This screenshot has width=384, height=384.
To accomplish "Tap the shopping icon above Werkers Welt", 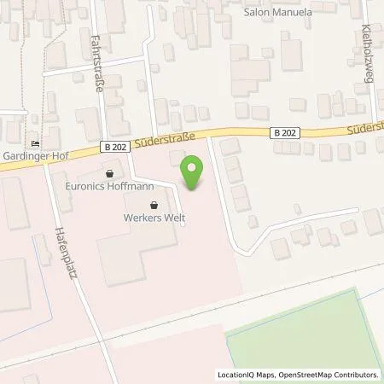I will [154, 205].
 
